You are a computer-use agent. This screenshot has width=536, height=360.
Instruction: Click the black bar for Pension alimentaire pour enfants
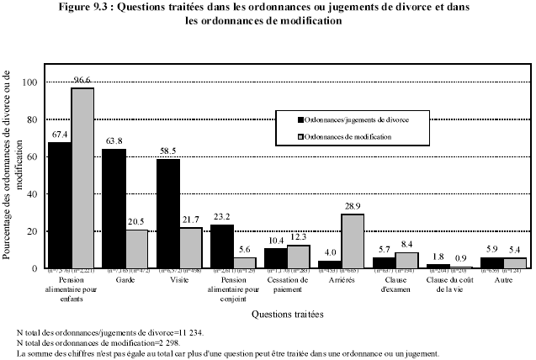click(x=59, y=204)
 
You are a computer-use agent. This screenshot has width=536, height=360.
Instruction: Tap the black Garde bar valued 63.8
click(x=114, y=208)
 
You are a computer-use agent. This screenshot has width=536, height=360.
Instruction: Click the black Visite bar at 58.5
click(x=167, y=213)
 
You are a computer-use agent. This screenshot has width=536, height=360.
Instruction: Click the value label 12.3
click(x=300, y=236)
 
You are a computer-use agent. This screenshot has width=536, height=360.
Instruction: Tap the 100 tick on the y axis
click(x=32, y=82)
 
